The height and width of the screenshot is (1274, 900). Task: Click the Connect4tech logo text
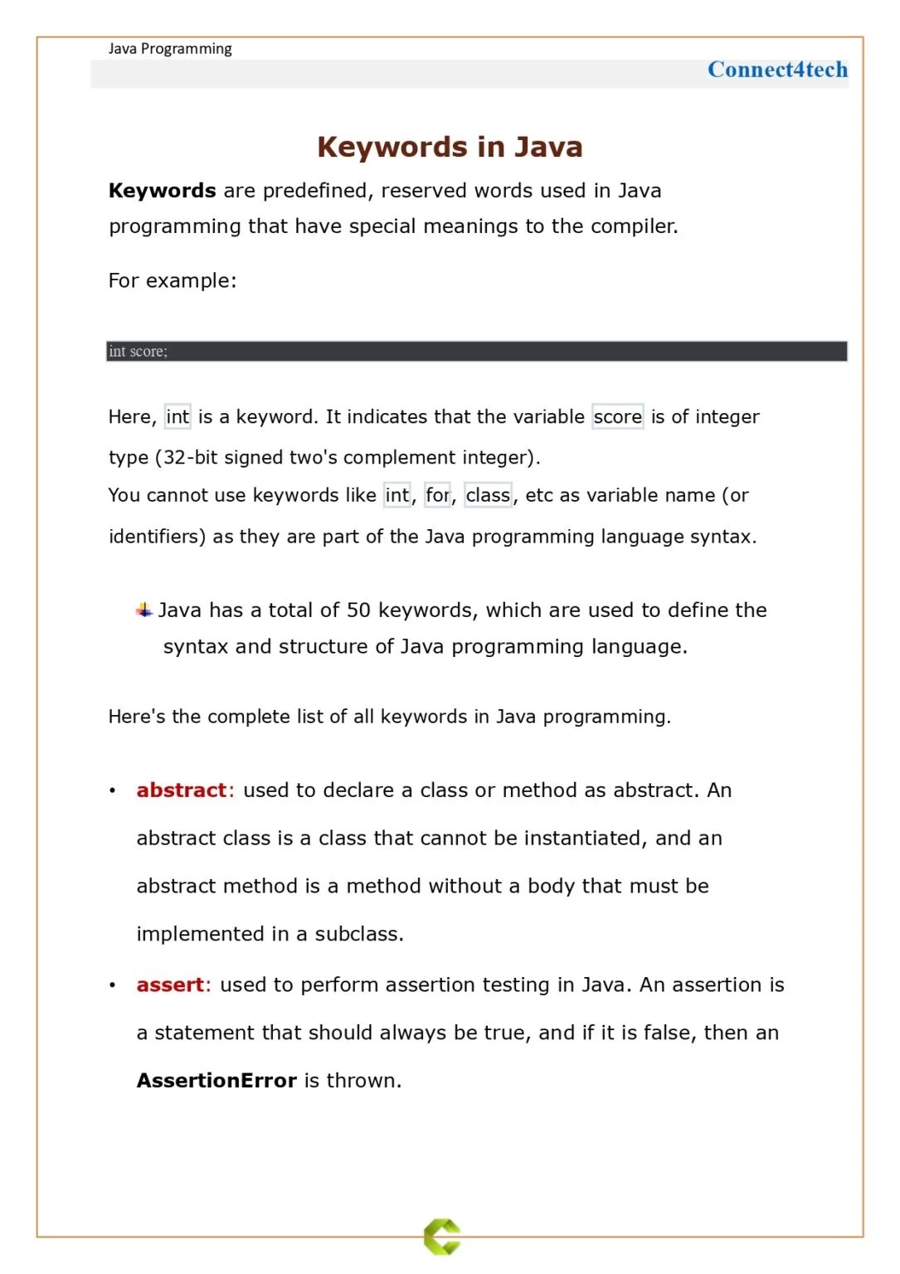point(777,70)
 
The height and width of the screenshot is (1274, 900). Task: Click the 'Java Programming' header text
point(170,49)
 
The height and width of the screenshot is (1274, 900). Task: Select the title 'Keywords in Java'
point(450,147)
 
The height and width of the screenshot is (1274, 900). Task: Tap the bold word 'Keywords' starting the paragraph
point(163,191)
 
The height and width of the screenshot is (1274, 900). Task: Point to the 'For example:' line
point(173,280)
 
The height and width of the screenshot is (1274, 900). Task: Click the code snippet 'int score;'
point(138,352)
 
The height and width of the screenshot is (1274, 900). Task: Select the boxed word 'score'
point(618,416)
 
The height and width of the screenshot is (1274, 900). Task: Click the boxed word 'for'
point(437,495)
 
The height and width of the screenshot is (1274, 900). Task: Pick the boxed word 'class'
point(488,495)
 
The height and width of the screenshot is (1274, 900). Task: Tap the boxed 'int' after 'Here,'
point(178,416)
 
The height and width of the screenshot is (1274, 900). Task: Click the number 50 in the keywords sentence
point(358,610)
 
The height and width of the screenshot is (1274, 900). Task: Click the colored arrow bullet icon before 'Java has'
point(144,610)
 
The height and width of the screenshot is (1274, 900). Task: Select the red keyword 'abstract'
point(182,790)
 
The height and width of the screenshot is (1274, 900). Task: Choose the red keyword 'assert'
point(170,985)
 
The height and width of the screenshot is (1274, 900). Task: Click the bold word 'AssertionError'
point(216,1081)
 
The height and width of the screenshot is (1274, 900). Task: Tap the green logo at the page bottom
point(442,1237)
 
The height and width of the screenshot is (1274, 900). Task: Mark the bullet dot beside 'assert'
point(112,985)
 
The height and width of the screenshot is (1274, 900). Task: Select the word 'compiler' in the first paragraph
point(633,226)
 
